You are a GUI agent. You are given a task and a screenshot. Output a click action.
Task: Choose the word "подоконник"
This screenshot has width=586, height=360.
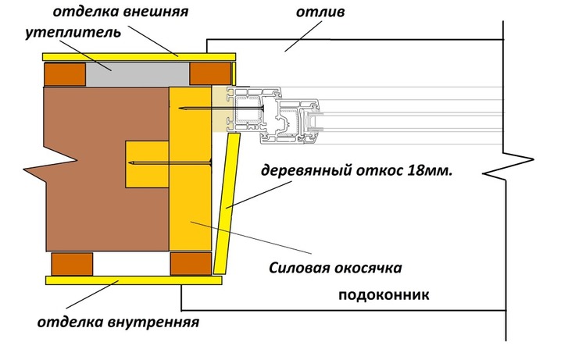(384, 296)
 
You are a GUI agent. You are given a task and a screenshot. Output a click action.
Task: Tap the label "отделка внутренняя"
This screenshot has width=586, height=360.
(118, 321)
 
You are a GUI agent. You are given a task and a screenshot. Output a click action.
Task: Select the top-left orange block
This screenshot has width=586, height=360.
(65, 74)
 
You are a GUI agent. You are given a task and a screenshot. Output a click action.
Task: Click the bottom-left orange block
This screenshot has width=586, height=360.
(70, 263)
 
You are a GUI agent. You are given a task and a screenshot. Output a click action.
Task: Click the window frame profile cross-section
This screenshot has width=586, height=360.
(266, 117)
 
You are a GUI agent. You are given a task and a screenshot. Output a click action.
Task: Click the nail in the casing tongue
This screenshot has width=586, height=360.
(172, 164)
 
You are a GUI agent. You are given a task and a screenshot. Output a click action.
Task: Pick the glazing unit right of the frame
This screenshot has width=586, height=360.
(406, 114)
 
